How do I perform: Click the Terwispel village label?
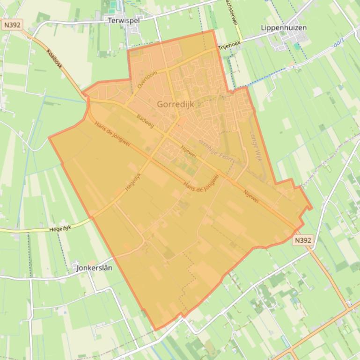(124, 21)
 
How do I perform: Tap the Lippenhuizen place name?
(284, 28)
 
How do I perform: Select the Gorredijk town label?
(176, 104)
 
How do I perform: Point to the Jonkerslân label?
(94, 268)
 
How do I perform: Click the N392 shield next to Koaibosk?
(11, 25)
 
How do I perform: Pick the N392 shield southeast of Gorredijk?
(302, 240)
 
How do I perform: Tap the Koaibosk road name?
(55, 60)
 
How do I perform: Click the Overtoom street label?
(148, 80)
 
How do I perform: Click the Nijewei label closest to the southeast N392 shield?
(251, 196)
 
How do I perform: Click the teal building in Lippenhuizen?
(297, 46)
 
